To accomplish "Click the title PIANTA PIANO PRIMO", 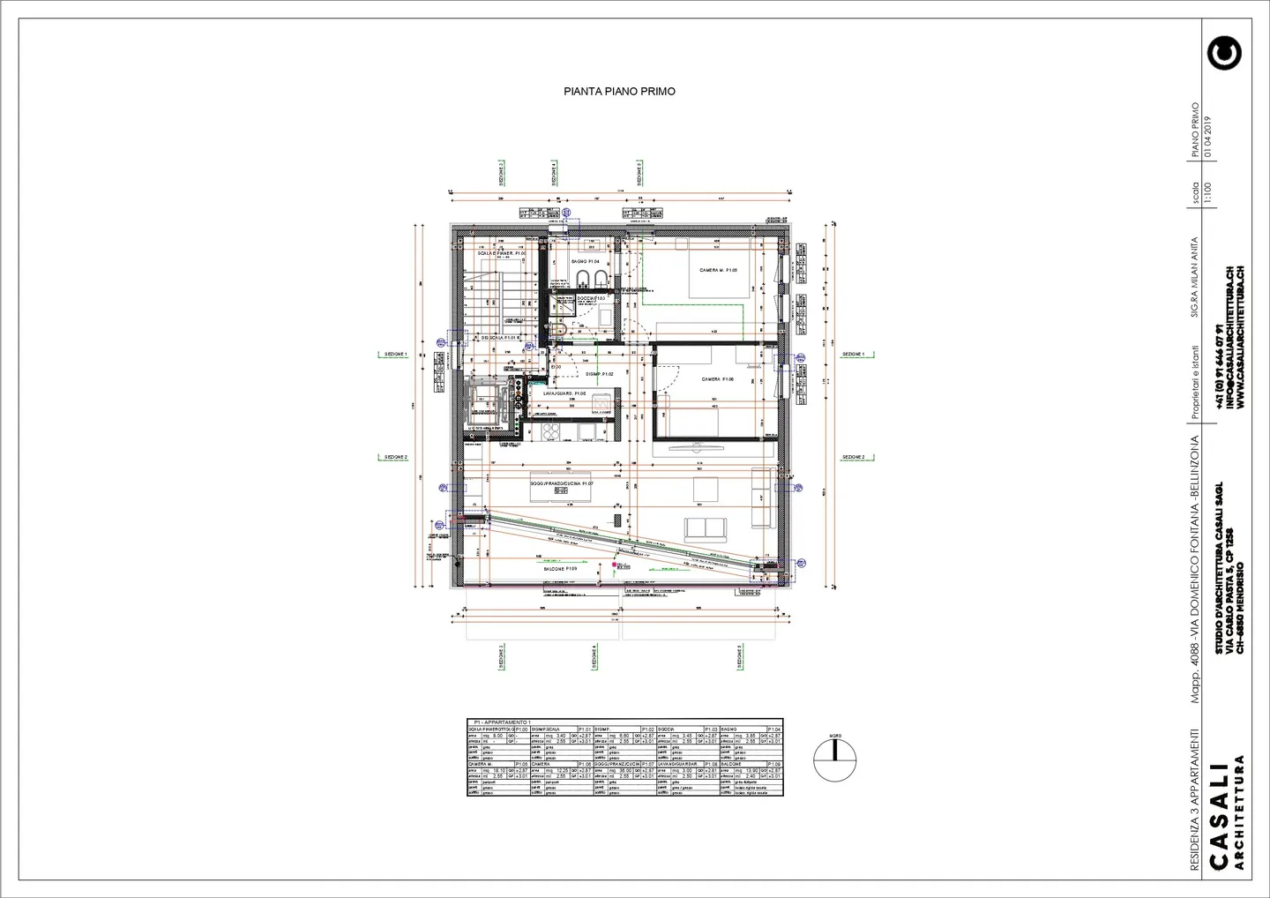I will [619, 91].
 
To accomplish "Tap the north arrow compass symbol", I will [834, 758].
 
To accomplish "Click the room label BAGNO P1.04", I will [585, 262].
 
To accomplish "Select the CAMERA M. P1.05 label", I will [718, 270].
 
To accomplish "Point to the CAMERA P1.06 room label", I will [717, 379].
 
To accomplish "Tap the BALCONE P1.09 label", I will [559, 569].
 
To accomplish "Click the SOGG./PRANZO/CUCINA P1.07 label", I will [562, 484].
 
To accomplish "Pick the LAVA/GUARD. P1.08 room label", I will [564, 393].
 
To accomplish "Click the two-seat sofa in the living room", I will [706, 528].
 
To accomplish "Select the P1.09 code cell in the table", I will [774, 764].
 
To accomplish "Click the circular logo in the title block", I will [1225, 53].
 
